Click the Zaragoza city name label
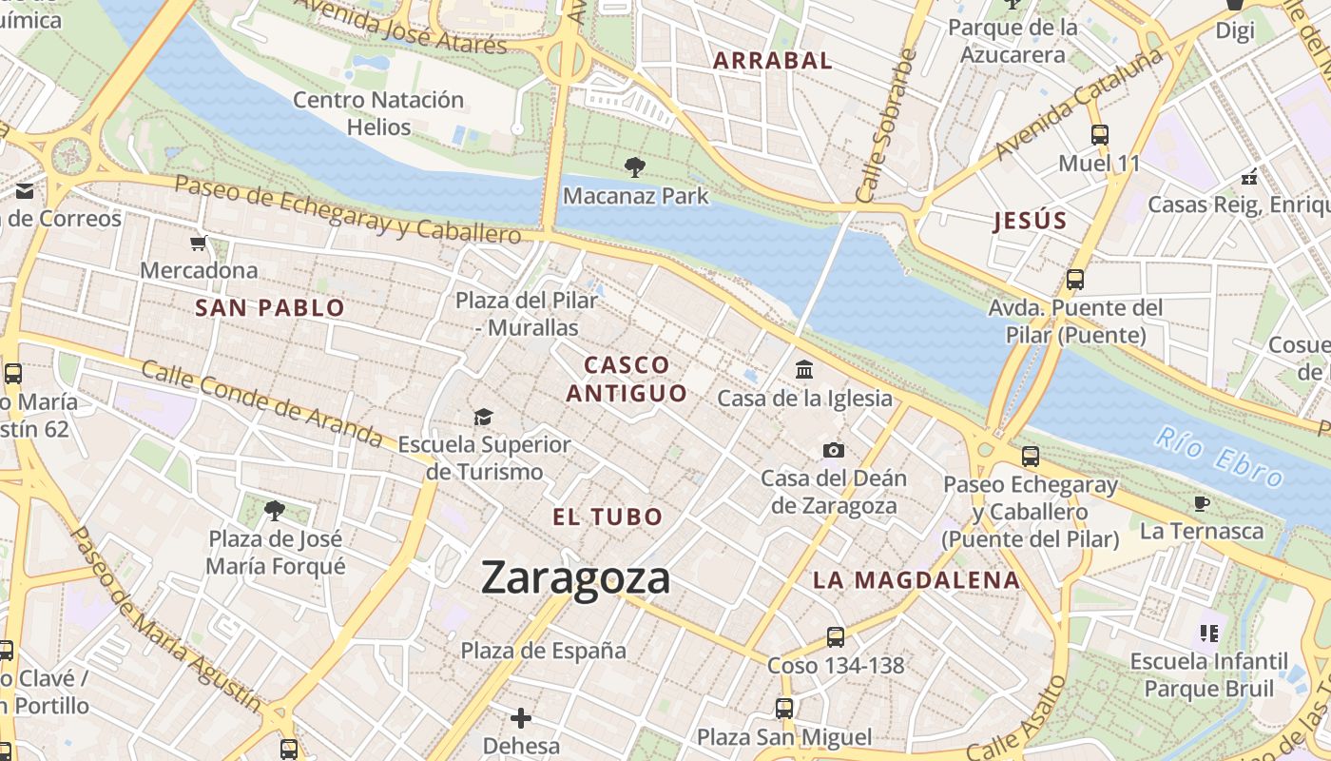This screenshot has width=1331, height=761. pyautogui.click(x=575, y=577)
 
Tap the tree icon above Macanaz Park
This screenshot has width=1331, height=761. pyautogui.click(x=635, y=168)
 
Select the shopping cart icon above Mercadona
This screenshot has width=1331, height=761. pyautogui.click(x=199, y=244)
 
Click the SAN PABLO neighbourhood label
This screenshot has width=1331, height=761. pyautogui.click(x=270, y=308)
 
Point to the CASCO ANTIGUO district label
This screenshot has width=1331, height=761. pyautogui.click(x=627, y=379)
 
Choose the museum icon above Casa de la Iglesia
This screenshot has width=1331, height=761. pyautogui.click(x=804, y=369)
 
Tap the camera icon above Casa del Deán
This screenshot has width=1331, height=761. pyautogui.click(x=834, y=450)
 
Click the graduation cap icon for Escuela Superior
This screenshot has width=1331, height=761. pyautogui.click(x=484, y=417)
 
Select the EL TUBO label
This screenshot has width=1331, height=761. pyautogui.click(x=608, y=517)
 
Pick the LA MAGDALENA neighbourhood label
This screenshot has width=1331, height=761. pyautogui.click(x=916, y=580)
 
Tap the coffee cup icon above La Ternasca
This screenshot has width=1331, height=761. pyautogui.click(x=1202, y=502)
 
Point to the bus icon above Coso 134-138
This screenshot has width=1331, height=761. pyautogui.click(x=836, y=636)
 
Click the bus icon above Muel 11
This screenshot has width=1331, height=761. pyautogui.click(x=1100, y=135)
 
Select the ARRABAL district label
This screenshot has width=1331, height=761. pyautogui.click(x=773, y=61)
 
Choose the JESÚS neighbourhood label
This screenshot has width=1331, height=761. pyautogui.click(x=1031, y=222)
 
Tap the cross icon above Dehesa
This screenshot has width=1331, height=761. pyautogui.click(x=521, y=717)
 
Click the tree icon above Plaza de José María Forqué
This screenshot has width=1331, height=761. pyautogui.click(x=275, y=510)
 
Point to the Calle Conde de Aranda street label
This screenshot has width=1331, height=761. pyautogui.click(x=261, y=403)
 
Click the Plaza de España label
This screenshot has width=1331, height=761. pyautogui.click(x=544, y=651)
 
